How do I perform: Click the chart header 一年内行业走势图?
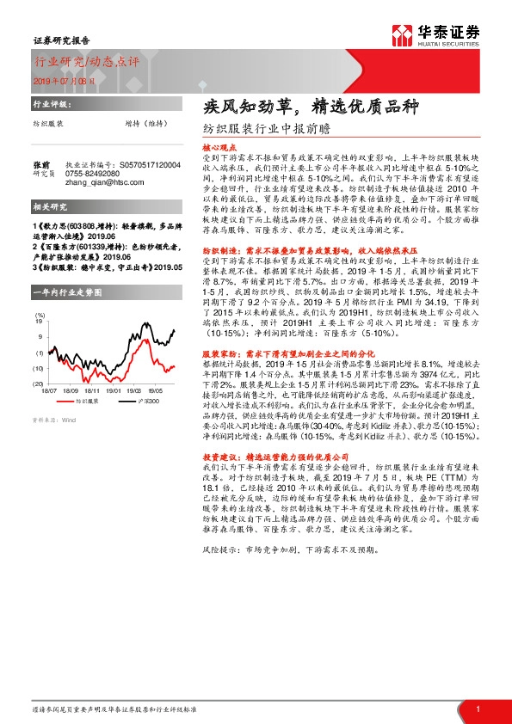68,291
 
